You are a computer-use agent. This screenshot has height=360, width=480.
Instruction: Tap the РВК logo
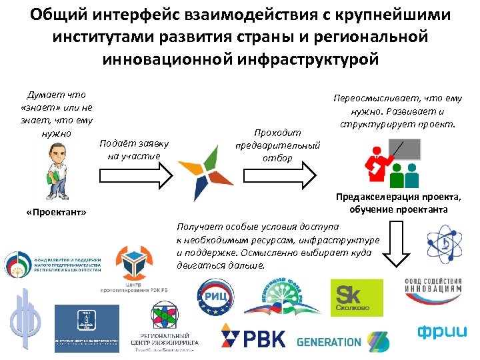pyautogui.click(x=253, y=337)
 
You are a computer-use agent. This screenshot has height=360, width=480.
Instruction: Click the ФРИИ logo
pyautogui.click(x=440, y=331)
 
